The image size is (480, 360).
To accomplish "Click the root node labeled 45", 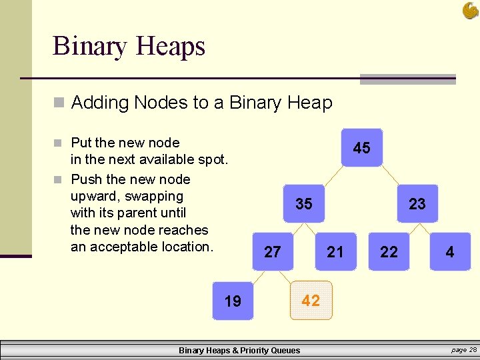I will coord(361,148).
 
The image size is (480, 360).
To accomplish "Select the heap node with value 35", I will coord(303,204).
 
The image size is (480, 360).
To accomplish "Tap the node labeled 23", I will coord(417,204).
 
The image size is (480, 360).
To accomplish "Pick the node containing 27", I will coord(273,251).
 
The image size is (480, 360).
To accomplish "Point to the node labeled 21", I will coord(335,251).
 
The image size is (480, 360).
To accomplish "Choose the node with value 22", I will coord(389,251).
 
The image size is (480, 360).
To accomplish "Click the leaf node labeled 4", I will coord(450,251).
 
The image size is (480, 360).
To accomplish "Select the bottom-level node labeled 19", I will coord(233,301).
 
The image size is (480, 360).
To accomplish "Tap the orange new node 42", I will coord(311,300).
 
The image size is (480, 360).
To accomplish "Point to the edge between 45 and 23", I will coord(391,175).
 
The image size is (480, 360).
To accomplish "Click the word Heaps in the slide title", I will coord(170,47).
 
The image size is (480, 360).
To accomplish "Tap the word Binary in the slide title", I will coord(90,47).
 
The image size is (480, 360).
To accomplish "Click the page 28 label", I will coord(464,350).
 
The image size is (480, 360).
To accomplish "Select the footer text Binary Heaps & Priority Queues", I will coord(239,351).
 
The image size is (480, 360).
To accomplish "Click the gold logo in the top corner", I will coord(470,11).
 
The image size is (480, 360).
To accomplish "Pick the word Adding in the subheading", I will coord(99,103).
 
